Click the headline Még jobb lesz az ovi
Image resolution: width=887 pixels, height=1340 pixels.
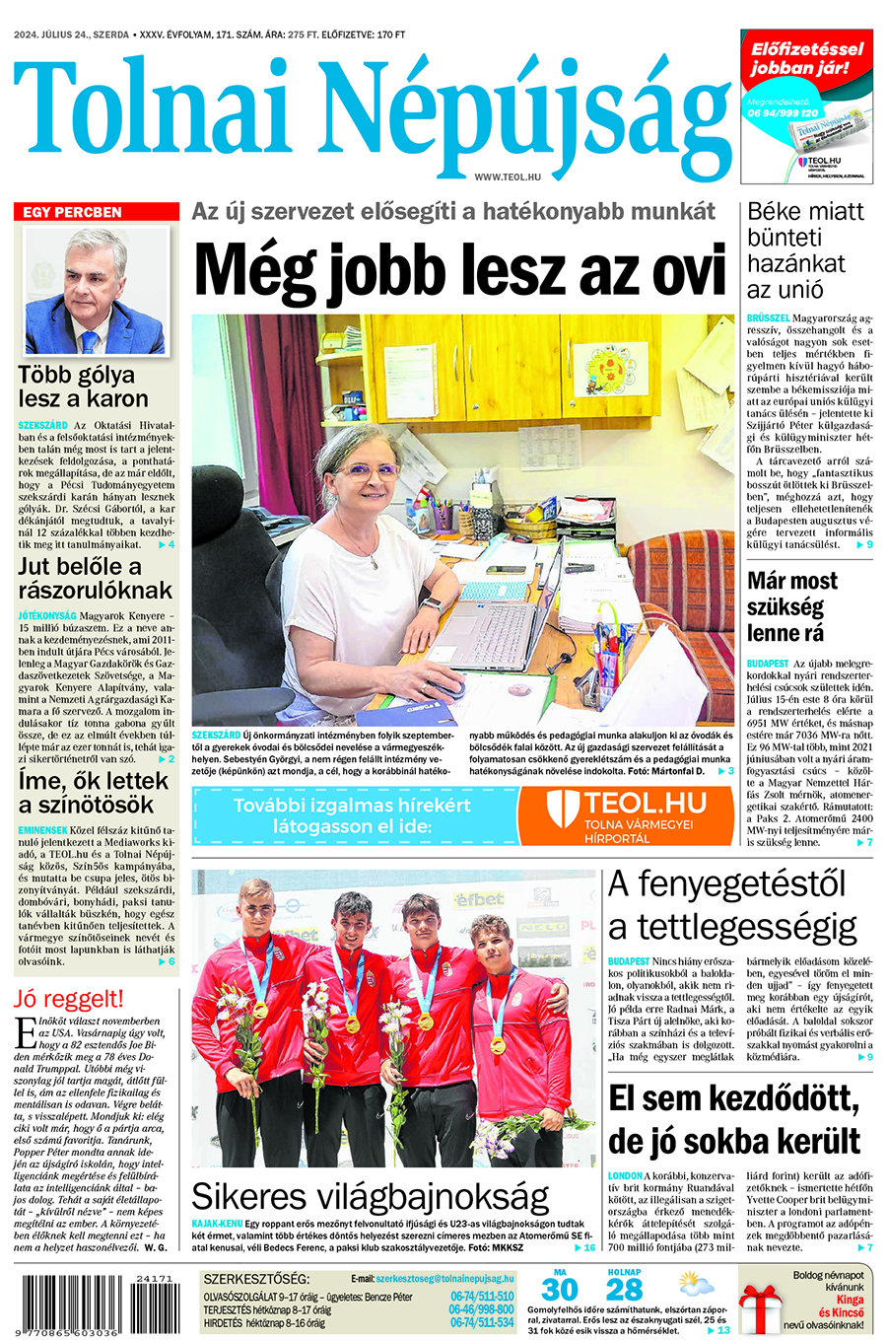pos(460,269)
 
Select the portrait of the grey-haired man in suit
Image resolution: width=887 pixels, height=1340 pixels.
pos(96,291)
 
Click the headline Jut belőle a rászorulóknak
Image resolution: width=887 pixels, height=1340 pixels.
pos(95,579)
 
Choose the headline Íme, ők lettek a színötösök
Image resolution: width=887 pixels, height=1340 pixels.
pos(95,793)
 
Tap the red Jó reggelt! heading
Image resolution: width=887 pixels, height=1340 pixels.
pos(69,998)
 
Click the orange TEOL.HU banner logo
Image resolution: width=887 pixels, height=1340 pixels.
pos(627,814)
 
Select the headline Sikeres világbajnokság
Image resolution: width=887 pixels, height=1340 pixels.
pos(370,1196)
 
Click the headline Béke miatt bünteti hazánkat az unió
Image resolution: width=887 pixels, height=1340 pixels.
pos(805,250)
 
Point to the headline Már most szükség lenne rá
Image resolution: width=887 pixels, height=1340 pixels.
pos(791,606)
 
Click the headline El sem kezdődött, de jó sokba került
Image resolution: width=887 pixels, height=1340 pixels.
pos(734,1120)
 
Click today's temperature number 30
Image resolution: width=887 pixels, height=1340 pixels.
pos(559,1290)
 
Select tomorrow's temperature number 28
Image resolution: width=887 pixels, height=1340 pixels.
pos(625,1290)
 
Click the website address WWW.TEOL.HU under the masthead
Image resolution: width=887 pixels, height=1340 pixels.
pos(508,176)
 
